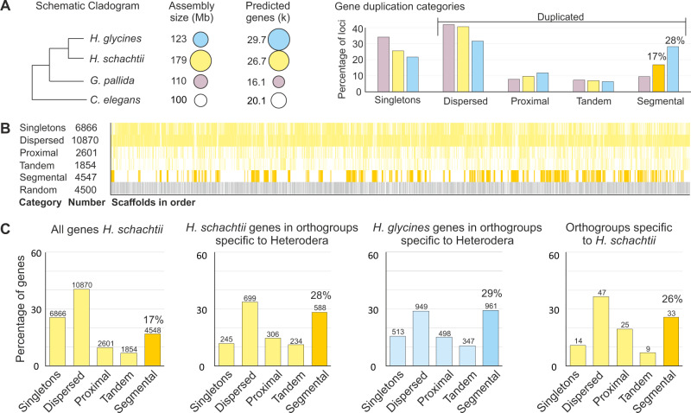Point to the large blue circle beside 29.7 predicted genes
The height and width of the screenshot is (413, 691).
pos(279,41)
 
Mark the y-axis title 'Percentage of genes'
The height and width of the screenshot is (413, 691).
pos(13,309)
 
